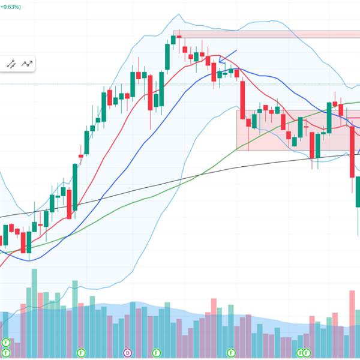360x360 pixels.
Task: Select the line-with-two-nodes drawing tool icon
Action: (x=11, y=63)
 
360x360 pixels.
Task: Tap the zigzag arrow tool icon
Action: (x=27, y=63)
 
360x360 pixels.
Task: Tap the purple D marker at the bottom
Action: (x=127, y=352)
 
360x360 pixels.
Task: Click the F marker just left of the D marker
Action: (x=82, y=352)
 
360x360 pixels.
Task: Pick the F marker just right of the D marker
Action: (x=156, y=352)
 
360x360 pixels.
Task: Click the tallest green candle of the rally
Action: (x=75, y=186)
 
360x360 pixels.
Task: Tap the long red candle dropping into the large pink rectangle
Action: (x=243, y=102)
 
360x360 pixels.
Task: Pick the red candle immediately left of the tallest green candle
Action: (x=69, y=204)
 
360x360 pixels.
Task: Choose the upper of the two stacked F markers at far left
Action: (x=6, y=342)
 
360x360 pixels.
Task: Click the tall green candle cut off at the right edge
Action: (x=358, y=192)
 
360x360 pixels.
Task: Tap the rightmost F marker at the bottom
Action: (x=307, y=352)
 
